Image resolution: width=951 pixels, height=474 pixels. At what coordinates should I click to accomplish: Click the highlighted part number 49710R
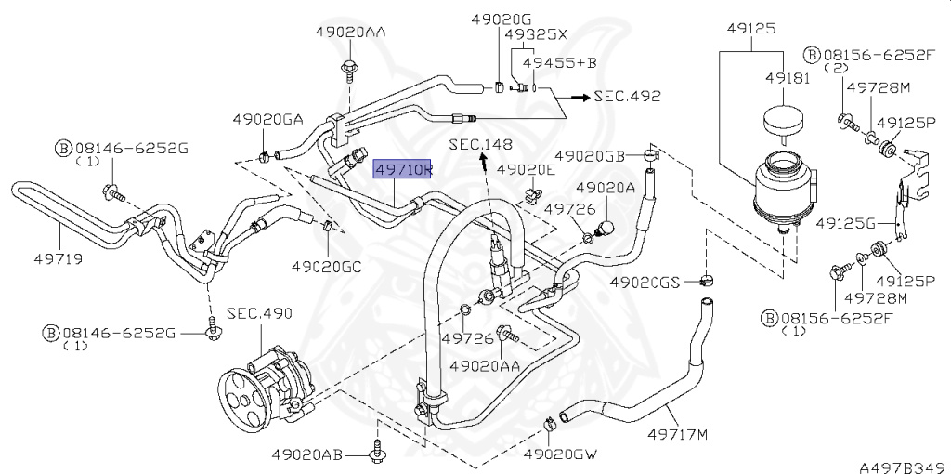point(403,169)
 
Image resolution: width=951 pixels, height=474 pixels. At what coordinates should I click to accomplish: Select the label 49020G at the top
point(501,19)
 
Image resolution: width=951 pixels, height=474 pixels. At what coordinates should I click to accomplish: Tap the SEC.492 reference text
point(628,96)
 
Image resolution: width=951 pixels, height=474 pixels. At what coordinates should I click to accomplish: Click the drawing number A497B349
point(899,464)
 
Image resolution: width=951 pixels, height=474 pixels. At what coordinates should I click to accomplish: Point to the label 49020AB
point(308,454)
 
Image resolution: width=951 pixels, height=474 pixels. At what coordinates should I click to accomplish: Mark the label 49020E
point(526,169)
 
